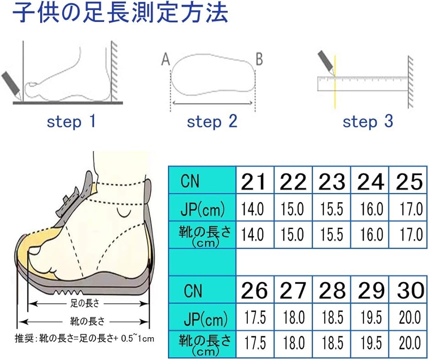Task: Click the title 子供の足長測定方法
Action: tap(120, 13)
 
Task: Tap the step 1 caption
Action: tap(71, 121)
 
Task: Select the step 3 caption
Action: tap(368, 121)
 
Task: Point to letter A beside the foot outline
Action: tap(166, 59)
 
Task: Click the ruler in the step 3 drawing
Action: tap(363, 83)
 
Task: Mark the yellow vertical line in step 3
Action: tap(335, 82)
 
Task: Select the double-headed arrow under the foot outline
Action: tap(213, 103)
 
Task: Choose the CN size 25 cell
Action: tap(408, 181)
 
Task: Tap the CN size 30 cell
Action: tap(408, 290)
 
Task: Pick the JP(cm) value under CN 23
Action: tap(332, 209)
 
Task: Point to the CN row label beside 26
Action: tap(193, 291)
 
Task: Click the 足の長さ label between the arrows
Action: tap(84, 303)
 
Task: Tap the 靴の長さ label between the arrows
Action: tap(87, 321)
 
